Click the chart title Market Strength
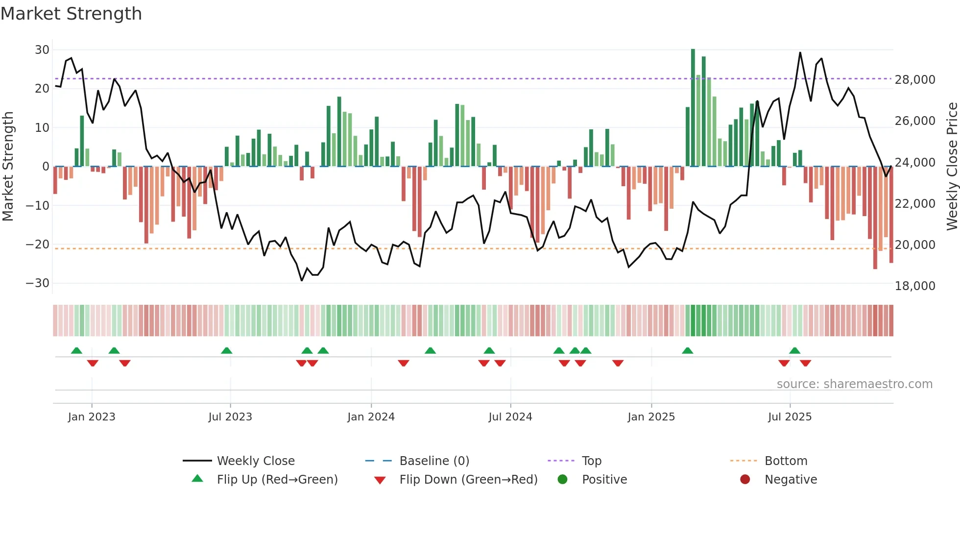[71, 14]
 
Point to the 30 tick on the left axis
[42, 50]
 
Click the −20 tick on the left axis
[38, 244]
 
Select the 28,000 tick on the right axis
[914, 80]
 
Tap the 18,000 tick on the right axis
[914, 286]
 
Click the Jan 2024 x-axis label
[371, 417]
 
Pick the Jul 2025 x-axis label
[790, 417]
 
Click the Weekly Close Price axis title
[952, 166]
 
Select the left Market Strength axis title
[8, 166]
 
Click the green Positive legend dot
[562, 480]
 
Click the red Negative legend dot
[745, 480]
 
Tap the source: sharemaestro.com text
[854, 384]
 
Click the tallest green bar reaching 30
[693, 108]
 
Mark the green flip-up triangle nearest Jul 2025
[794, 351]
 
